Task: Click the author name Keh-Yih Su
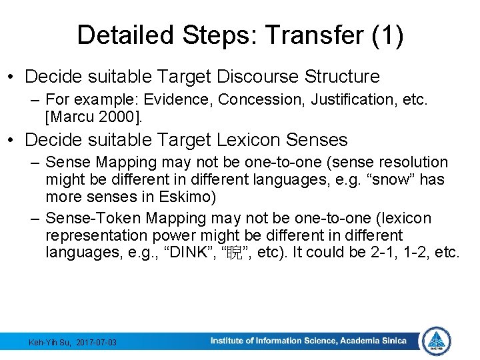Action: click(50, 342)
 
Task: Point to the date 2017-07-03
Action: click(96, 342)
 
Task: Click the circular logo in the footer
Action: click(437, 341)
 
